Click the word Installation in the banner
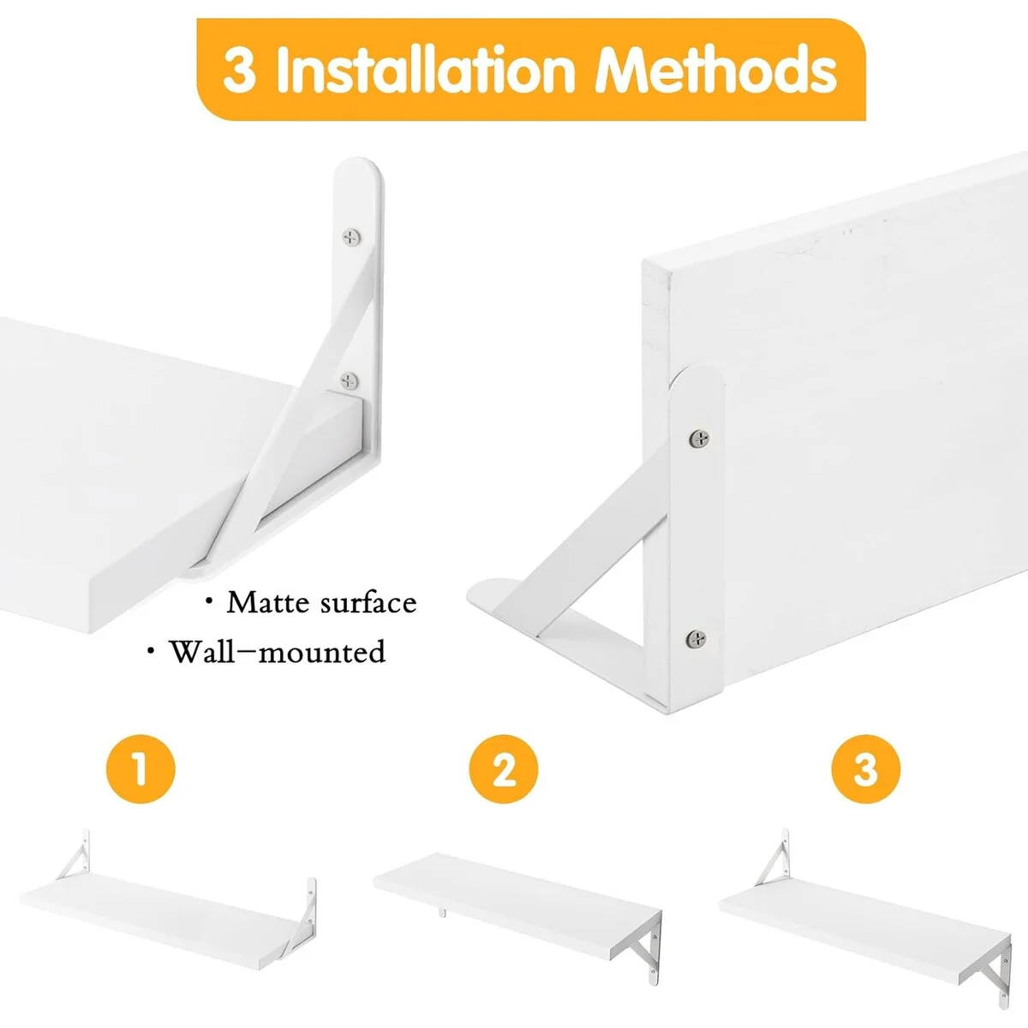click(426, 70)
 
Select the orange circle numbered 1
click(140, 769)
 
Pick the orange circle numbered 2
click(504, 769)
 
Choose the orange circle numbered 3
click(866, 769)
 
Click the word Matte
click(268, 603)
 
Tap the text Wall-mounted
click(277, 652)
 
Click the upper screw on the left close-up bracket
click(351, 236)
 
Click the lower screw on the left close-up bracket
click(349, 381)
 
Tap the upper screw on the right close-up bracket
click(699, 439)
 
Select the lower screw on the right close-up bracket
click(696, 638)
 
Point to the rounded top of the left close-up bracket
click(358, 170)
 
